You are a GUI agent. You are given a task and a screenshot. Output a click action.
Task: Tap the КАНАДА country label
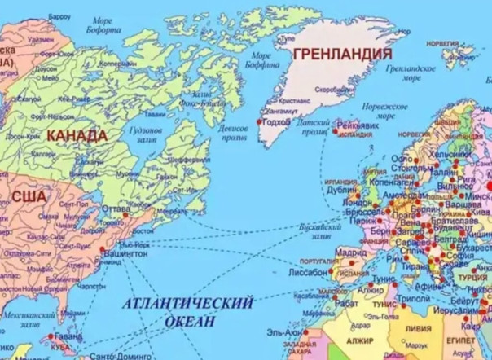[77, 134]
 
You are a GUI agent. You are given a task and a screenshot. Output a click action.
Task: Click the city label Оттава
[116, 209]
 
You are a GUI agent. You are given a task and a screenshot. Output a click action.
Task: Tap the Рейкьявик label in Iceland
[358, 125]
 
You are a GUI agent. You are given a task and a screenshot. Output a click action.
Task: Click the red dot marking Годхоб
[259, 121]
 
